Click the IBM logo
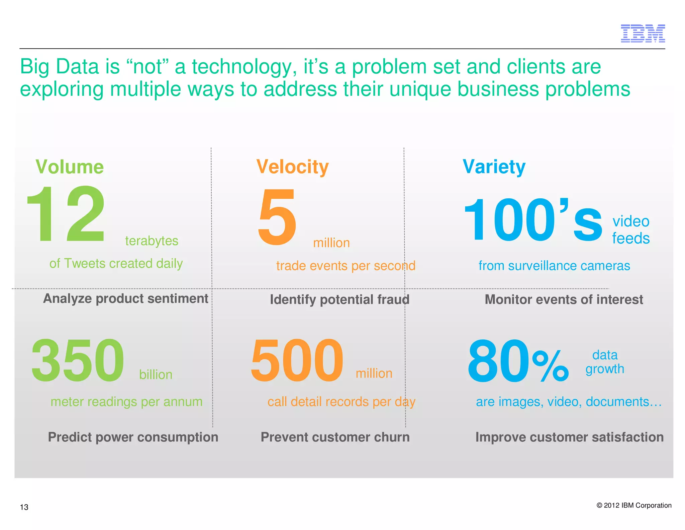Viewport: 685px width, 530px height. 643,33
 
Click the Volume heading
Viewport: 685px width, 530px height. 70,167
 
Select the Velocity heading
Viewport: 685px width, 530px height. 292,167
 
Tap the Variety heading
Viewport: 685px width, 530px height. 494,167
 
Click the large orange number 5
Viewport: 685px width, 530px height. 277,216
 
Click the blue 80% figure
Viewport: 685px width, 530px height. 518,361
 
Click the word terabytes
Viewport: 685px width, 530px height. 152,241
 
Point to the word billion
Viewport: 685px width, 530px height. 156,375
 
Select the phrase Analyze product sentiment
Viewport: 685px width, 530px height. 125,299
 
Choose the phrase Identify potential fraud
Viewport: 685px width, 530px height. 339,300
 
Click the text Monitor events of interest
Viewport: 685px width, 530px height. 564,300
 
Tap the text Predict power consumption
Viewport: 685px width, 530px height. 133,437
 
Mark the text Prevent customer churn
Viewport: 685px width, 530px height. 335,437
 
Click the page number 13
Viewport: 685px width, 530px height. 24,507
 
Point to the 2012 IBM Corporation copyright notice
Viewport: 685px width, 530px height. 634,506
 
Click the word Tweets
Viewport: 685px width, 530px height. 85,264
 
